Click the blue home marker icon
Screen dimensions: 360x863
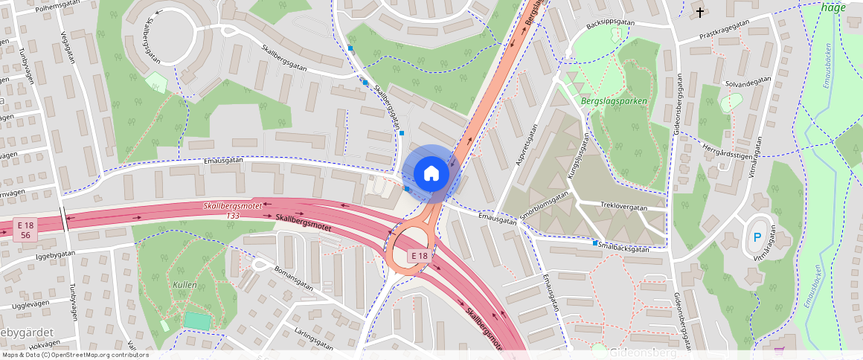pos(431,173)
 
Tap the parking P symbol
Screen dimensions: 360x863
pos(757,238)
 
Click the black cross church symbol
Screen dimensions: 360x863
pos(700,12)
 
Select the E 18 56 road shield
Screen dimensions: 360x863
pos(25,230)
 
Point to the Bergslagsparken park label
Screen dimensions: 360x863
pos(613,101)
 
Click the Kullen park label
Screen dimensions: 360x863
pos(184,285)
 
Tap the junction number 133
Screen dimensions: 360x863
pos(233,215)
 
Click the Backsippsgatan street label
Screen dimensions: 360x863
pos(610,23)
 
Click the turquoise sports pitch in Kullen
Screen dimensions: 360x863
pos(197,321)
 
